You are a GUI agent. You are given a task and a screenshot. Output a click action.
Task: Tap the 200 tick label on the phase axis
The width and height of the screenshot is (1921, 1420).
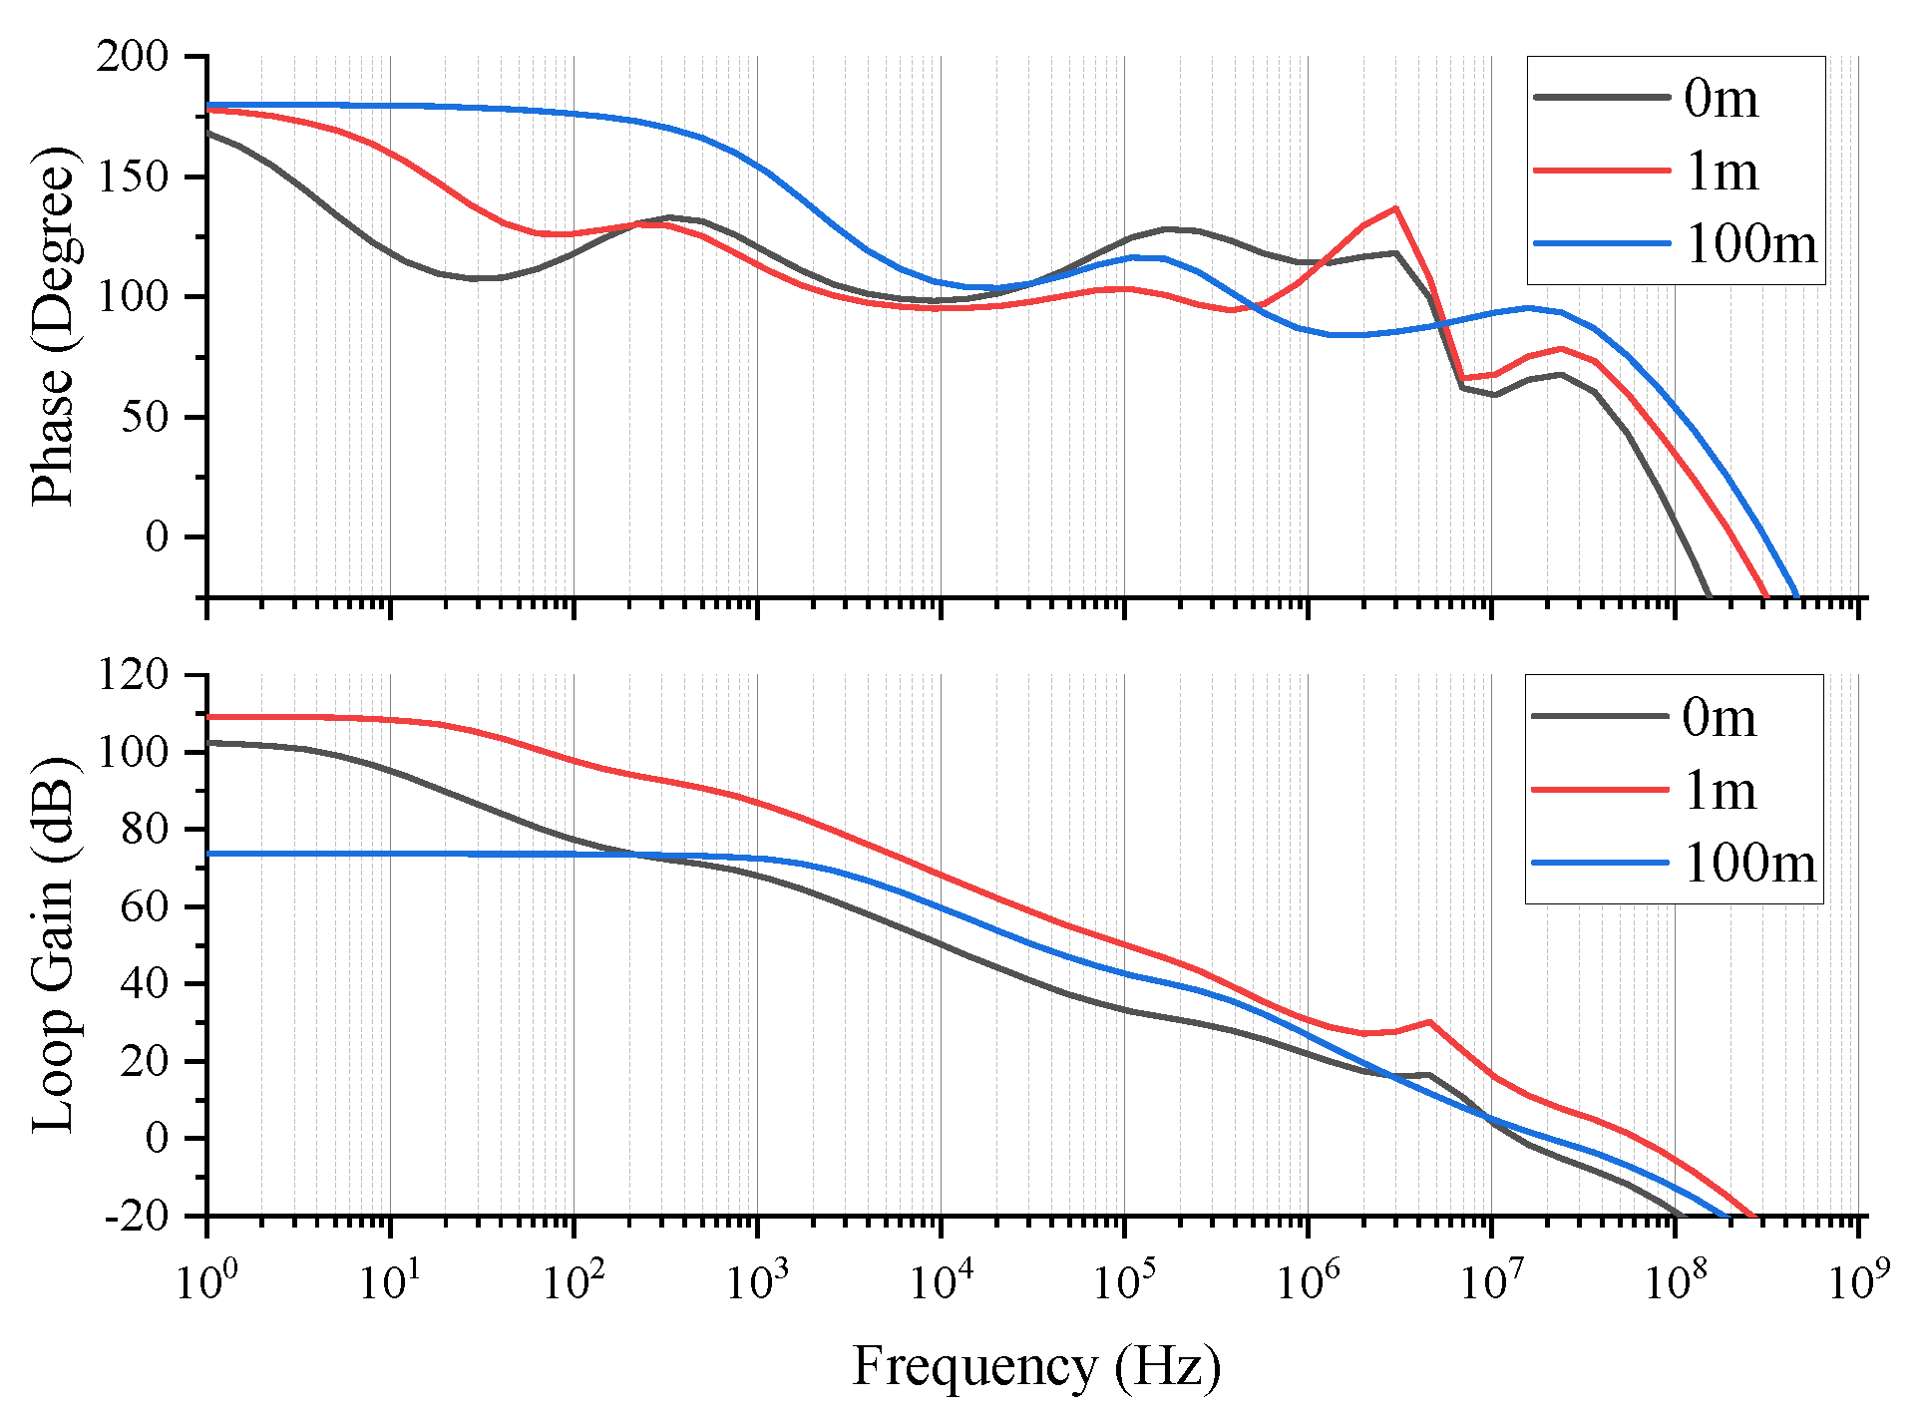point(133,57)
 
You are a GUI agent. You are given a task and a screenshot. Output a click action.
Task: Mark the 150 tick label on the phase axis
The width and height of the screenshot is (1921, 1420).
point(133,177)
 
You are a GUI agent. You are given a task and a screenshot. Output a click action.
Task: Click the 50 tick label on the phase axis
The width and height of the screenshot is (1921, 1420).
point(145,417)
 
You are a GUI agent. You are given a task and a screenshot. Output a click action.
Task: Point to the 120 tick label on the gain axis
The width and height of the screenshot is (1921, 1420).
point(133,675)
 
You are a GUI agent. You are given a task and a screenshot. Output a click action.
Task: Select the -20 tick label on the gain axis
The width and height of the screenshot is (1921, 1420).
point(138,1217)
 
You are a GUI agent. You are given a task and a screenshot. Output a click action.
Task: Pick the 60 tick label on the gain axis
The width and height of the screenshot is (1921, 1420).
point(145,906)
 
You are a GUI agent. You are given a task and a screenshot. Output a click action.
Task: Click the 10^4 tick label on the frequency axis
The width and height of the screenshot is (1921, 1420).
point(941,1281)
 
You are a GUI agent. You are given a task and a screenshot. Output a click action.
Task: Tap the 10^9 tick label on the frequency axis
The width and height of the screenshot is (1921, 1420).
point(1858,1281)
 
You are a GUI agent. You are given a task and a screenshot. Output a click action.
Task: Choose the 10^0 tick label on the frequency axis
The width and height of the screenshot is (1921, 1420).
point(206,1281)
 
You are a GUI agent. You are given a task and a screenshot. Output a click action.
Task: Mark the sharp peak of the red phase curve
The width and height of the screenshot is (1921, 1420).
point(1396,208)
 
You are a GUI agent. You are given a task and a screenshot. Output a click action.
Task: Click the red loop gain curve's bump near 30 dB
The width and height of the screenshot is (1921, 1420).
point(1430,1022)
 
